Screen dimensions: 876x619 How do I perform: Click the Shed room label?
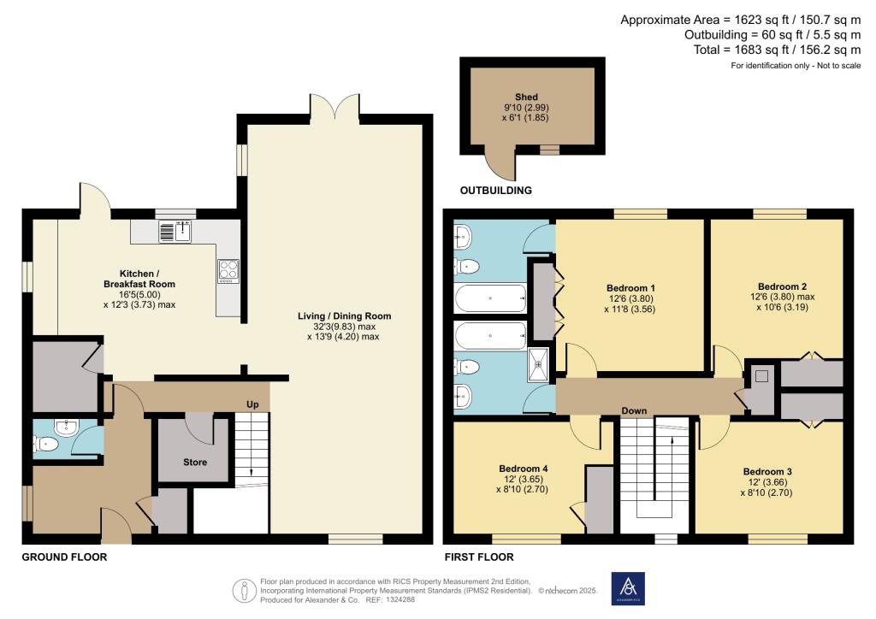click(x=526, y=97)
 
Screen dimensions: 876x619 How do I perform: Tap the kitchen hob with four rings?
click(x=228, y=271)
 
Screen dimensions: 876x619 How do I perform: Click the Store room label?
click(x=195, y=463)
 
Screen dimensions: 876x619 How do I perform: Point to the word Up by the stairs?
click(x=252, y=404)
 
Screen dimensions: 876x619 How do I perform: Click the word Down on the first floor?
click(x=634, y=410)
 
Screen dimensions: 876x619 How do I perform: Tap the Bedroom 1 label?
click(x=630, y=288)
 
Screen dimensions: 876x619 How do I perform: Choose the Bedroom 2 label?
click(x=782, y=287)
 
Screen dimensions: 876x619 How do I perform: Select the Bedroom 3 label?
click(x=767, y=472)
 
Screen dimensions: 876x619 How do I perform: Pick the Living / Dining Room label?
click(x=344, y=316)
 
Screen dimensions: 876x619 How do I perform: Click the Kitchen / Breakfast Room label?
click(x=139, y=279)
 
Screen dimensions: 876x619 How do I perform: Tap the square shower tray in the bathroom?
click(x=539, y=365)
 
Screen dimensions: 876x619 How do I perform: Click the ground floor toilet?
click(x=46, y=445)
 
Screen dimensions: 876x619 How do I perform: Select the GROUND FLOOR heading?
click(x=64, y=557)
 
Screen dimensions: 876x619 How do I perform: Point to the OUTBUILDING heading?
click(x=495, y=191)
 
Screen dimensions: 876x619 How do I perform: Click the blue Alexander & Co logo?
click(x=628, y=588)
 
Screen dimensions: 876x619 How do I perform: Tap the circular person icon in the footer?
click(x=244, y=591)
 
